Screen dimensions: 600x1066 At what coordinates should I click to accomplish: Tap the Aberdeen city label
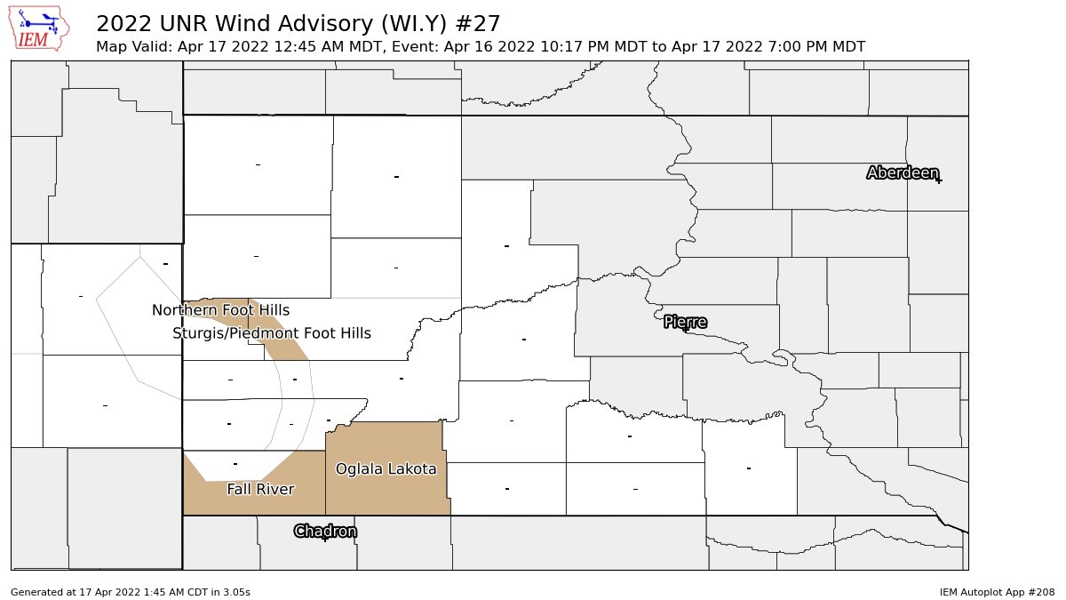pos(902,172)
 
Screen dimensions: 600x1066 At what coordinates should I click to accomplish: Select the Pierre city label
pos(685,321)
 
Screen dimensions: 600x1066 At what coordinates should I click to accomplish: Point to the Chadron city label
pos(325,531)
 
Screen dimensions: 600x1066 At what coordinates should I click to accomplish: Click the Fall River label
pos(260,489)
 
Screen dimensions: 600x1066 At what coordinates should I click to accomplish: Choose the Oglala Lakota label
pos(386,468)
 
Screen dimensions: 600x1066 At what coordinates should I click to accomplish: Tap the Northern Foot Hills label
pos(220,310)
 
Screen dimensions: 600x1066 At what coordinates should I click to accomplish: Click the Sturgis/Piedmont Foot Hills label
pos(272,333)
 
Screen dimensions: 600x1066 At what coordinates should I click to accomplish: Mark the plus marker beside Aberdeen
pos(938,180)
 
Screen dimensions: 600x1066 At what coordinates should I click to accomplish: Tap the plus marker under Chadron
pos(325,539)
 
